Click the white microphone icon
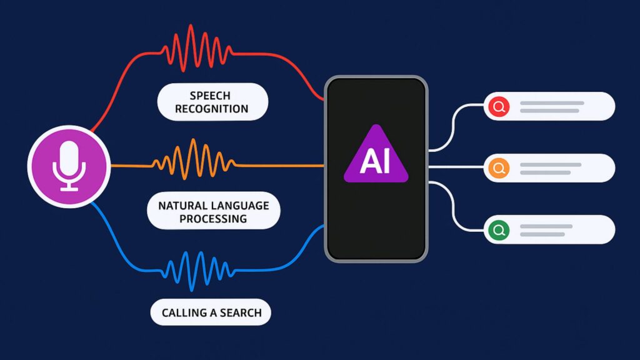pyautogui.click(x=69, y=165)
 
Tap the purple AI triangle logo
pyautogui.click(x=376, y=156)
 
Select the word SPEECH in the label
pyautogui.click(x=211, y=96)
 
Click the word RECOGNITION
pyautogui.click(x=211, y=109)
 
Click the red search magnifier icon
pyautogui.click(x=498, y=106)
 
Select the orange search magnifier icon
pyautogui.click(x=498, y=168)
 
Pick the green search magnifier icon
pyautogui.click(x=498, y=230)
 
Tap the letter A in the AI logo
pyautogui.click(x=367, y=161)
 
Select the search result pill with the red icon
pyautogui.click(x=549, y=106)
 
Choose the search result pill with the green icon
pyautogui.click(x=549, y=230)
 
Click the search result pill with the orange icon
pyautogui.click(x=549, y=168)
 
